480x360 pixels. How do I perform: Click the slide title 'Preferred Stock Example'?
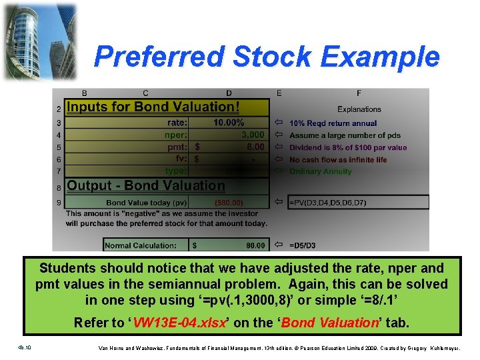pos(267,57)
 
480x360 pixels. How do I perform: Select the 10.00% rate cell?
pos(229,123)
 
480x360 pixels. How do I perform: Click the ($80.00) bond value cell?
pos(229,202)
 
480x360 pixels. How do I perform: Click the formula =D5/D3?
pos(303,245)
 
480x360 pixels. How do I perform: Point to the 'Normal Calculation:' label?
pos(141,245)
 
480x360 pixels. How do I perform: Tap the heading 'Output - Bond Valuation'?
pos(146,185)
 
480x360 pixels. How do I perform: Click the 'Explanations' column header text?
pos(359,109)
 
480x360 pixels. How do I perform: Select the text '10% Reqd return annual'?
pos(333,123)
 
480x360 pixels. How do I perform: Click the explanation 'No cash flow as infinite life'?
pos(338,160)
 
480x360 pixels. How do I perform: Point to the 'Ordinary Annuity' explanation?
pos(321,171)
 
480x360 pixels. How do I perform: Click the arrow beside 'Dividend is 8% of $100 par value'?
pos(279,147)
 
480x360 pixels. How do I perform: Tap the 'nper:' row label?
pos(176,135)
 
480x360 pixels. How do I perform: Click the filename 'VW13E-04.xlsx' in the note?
pos(181,323)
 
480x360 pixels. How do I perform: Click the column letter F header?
pos(359,93)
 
